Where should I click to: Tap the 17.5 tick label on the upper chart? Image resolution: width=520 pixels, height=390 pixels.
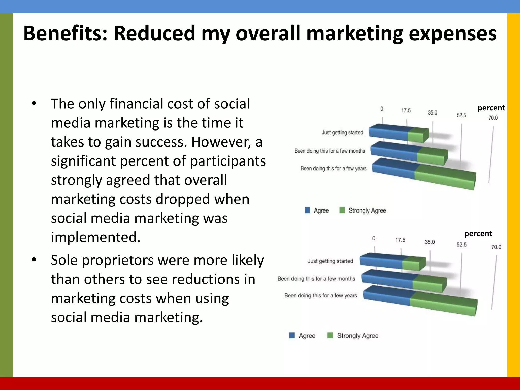(x=406, y=111)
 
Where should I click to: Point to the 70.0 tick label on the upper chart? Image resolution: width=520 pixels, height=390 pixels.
(x=493, y=118)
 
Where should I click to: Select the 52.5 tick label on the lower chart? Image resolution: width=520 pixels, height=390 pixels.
(x=461, y=245)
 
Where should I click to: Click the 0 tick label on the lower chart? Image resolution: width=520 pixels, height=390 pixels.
(x=374, y=238)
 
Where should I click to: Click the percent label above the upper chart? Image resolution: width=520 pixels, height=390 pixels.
(x=491, y=108)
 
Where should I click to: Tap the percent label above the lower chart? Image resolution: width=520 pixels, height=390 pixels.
(x=478, y=234)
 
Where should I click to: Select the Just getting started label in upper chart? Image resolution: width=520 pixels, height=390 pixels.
(x=342, y=132)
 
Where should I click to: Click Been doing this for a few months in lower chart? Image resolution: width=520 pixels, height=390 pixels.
(x=316, y=279)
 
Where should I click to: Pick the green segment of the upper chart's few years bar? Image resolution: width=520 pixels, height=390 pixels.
(x=444, y=175)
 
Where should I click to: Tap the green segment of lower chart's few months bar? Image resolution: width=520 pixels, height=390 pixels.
(x=429, y=283)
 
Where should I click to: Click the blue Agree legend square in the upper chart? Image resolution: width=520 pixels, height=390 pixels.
(x=307, y=210)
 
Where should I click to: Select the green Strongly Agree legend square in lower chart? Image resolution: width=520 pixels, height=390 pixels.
(x=330, y=336)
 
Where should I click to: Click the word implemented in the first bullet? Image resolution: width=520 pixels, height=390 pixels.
(x=95, y=237)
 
